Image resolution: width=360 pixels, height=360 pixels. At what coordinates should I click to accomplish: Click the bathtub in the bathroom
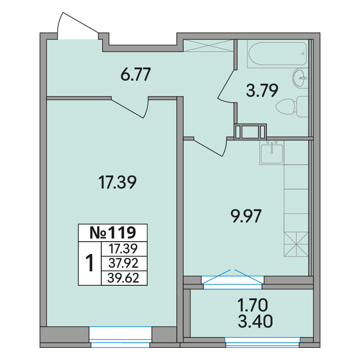[278, 54]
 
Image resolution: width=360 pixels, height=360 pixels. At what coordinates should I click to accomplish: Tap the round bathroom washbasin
[300, 78]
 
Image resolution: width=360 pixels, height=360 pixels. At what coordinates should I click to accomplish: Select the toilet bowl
[292, 107]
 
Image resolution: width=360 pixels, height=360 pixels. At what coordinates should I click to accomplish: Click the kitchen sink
[272, 153]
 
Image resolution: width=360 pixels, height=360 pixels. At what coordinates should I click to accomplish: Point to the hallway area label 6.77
[136, 74]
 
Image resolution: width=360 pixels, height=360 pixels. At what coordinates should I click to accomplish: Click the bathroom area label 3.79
[262, 90]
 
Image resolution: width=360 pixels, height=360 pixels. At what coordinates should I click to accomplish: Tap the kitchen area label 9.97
[246, 216]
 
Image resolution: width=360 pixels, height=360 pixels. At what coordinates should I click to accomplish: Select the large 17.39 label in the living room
[117, 182]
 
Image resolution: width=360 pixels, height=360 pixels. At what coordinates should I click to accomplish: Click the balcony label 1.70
[252, 305]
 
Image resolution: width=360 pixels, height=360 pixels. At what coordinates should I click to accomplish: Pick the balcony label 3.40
[255, 321]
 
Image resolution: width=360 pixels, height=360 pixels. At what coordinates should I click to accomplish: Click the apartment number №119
[113, 233]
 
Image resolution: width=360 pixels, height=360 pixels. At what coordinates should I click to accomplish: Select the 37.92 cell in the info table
[123, 263]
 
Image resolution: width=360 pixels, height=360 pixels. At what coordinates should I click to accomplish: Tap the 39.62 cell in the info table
[123, 278]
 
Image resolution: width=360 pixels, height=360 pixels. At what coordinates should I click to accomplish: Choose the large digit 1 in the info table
[90, 263]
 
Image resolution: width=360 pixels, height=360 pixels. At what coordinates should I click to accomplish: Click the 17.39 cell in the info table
[123, 249]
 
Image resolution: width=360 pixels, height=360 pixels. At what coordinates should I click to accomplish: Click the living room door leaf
[127, 108]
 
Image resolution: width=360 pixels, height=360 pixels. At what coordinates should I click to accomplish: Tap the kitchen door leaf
[208, 148]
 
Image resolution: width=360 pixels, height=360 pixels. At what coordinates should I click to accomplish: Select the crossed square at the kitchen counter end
[296, 244]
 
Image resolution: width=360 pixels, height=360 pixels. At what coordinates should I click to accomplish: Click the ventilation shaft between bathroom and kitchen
[250, 132]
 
